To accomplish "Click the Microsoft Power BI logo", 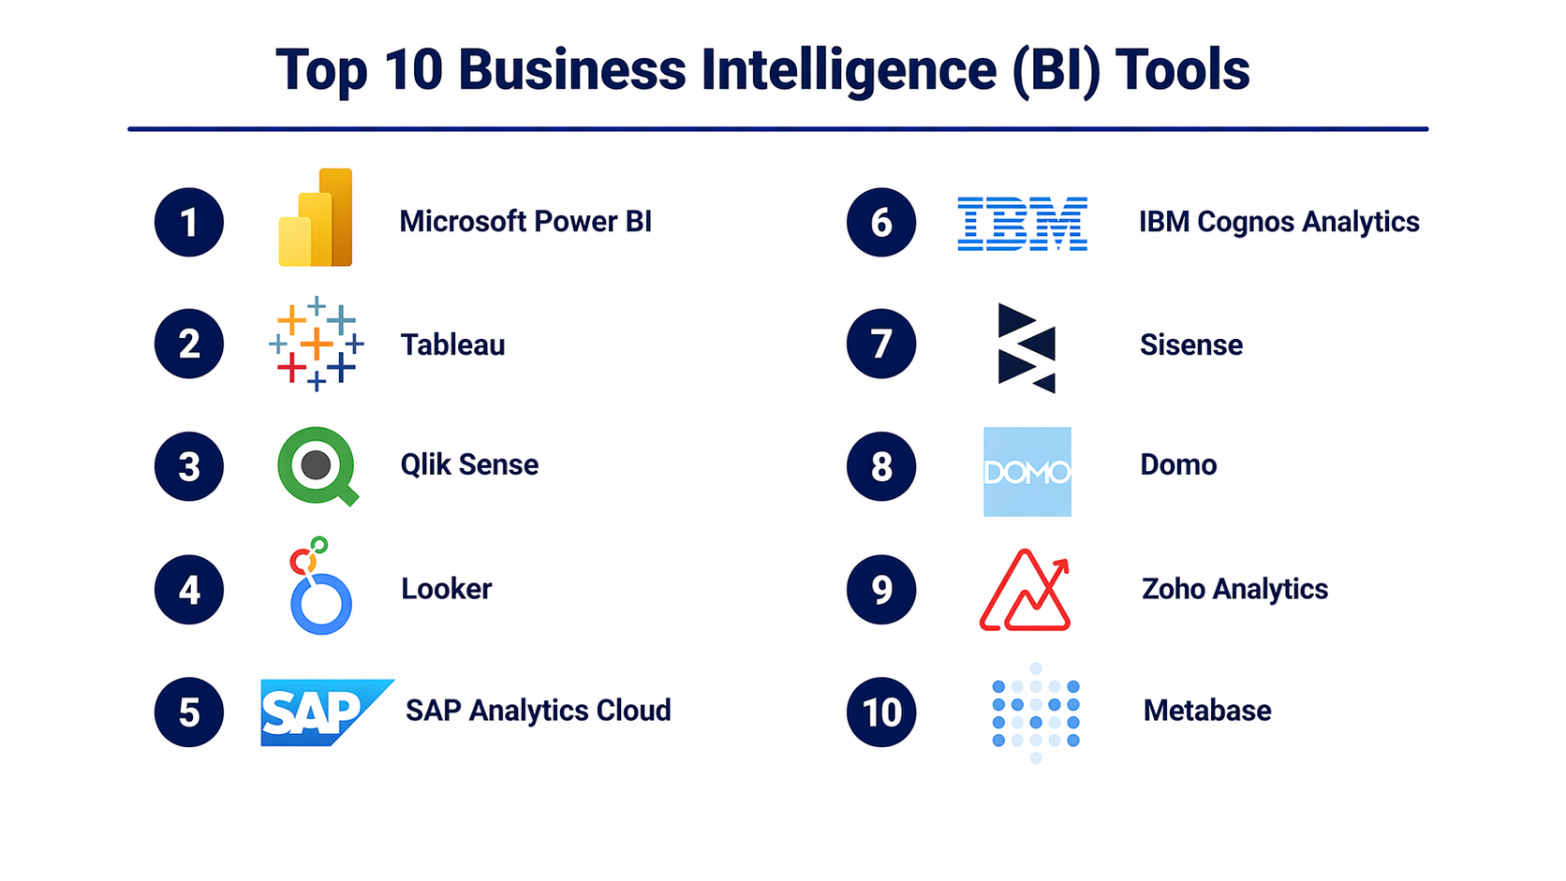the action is click(316, 217).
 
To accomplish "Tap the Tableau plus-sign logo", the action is click(317, 344).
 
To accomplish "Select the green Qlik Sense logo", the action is click(317, 466).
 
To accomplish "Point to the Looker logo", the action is click(320, 585).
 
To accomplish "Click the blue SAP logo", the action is click(327, 712).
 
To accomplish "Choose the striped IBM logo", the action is click(1022, 224).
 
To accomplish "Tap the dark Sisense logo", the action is click(1027, 348).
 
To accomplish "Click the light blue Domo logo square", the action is click(1027, 472).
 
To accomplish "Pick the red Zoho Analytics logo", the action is click(1025, 591).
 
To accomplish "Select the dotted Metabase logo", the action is click(1036, 712).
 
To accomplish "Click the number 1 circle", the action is click(189, 222).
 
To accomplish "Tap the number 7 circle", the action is click(880, 344).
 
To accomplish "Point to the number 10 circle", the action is click(880, 712).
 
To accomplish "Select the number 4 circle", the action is click(189, 590).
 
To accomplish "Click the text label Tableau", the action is click(452, 345).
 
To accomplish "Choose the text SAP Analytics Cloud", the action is click(539, 711).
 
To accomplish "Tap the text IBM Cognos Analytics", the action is click(1279, 222).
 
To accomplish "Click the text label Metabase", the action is click(1207, 711).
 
